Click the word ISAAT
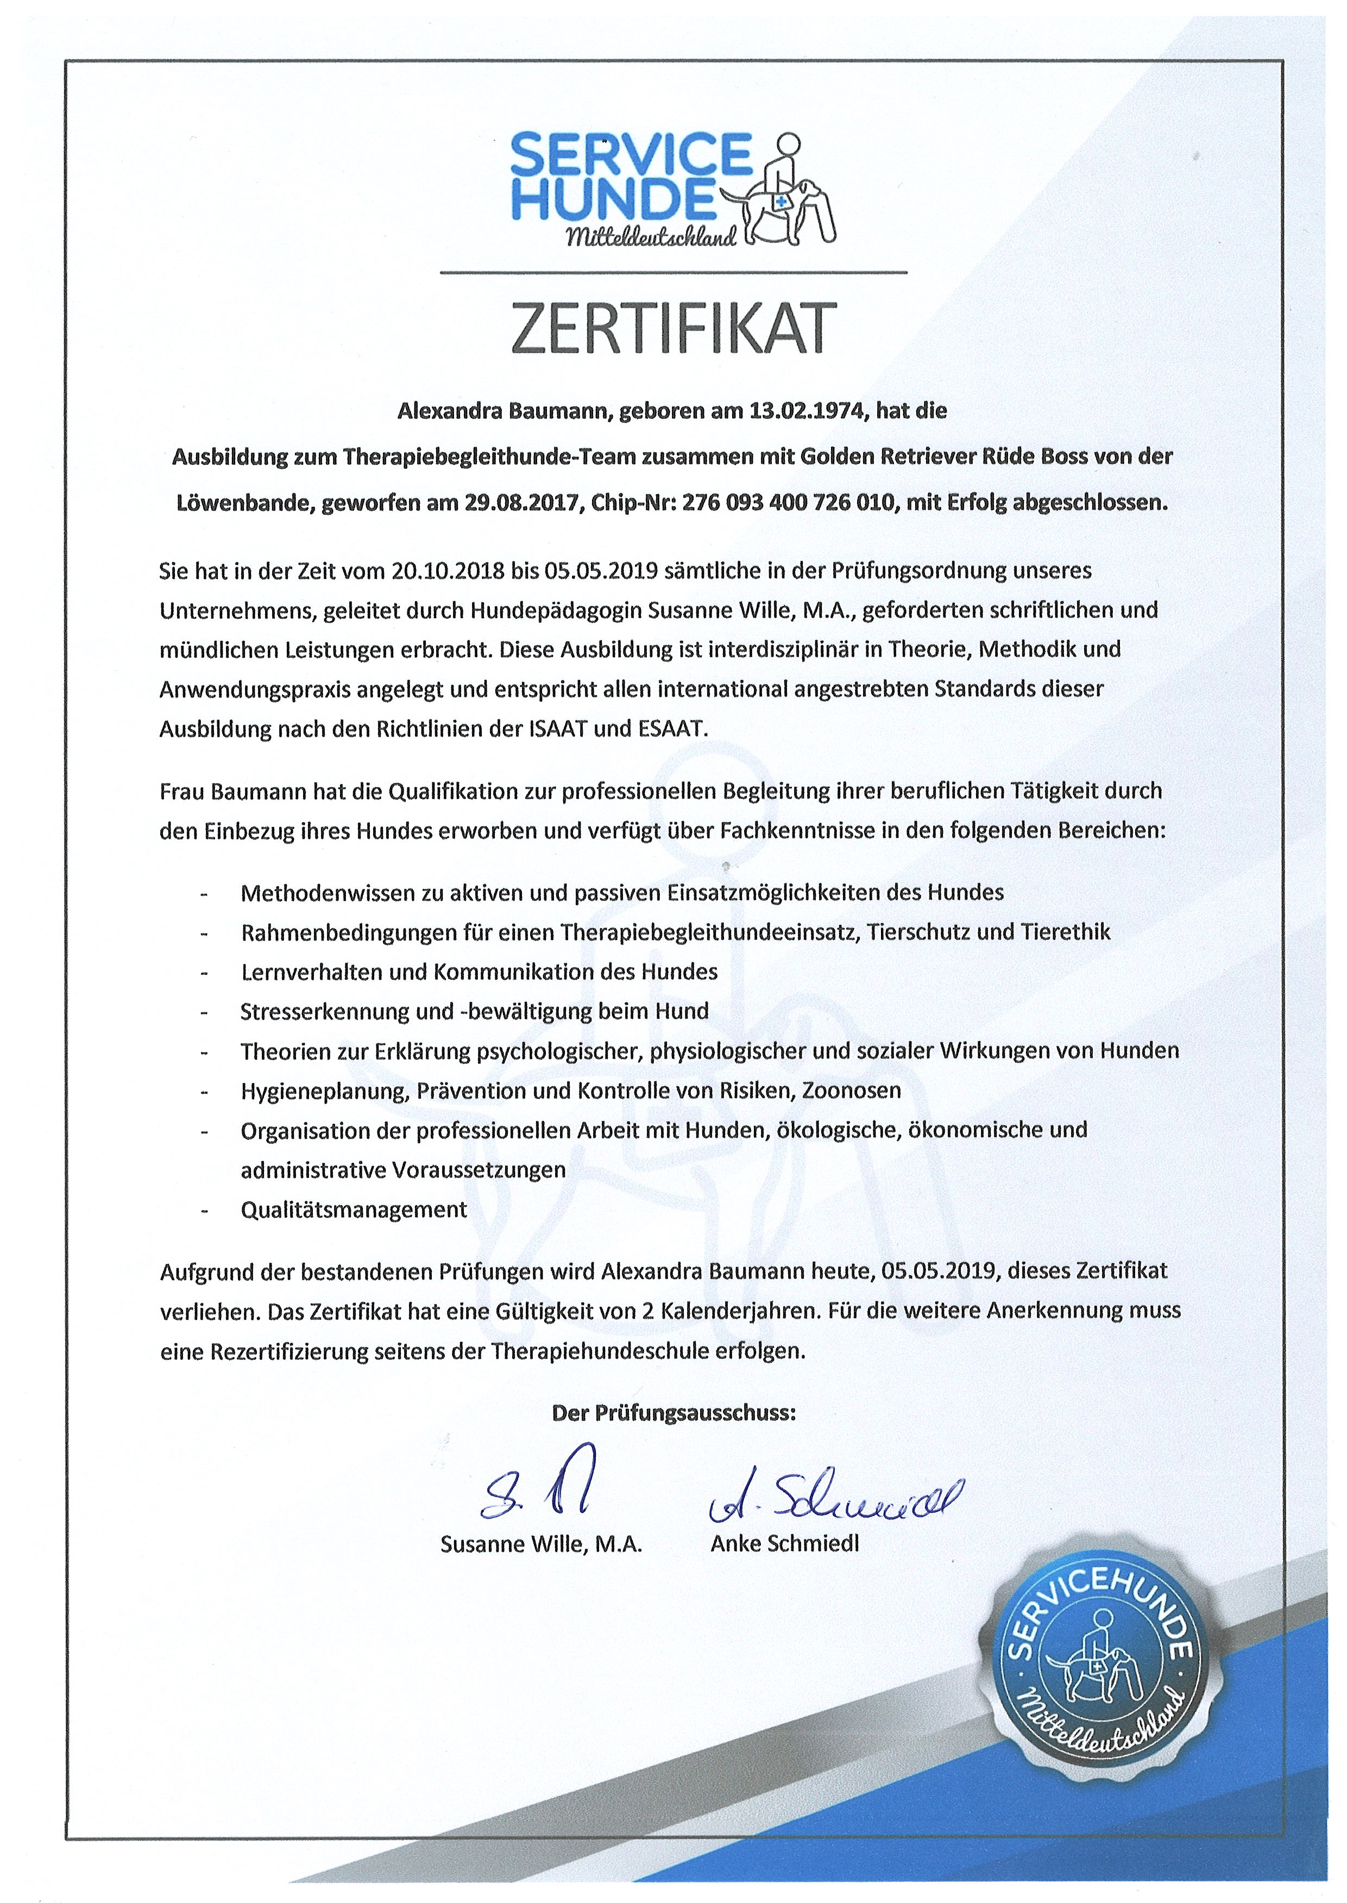coord(559,729)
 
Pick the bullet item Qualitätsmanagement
coord(354,1210)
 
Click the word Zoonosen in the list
coord(851,1091)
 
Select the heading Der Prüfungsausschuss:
coord(673,1414)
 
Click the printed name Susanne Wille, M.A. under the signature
coord(542,1545)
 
